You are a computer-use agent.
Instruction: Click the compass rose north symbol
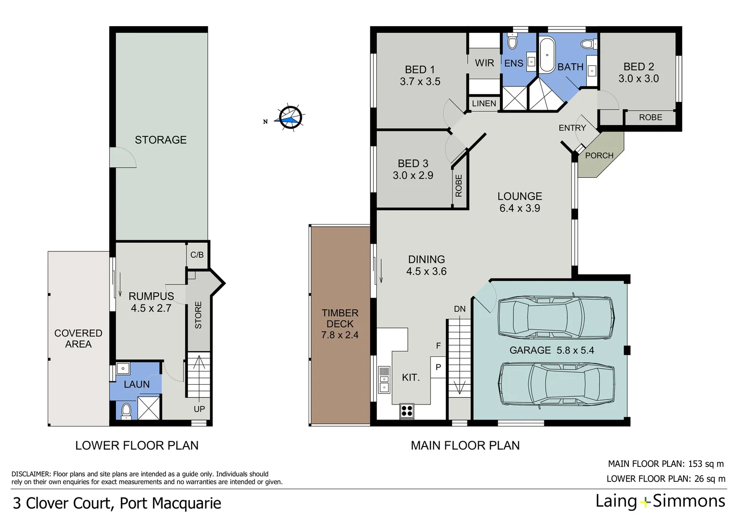[x=290, y=117]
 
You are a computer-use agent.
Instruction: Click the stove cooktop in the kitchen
[x=407, y=411]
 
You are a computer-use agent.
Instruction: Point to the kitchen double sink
[x=384, y=379]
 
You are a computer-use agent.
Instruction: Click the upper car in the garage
[x=556, y=317]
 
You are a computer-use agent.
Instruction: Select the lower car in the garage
[x=556, y=384]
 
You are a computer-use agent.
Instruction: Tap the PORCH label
[x=599, y=156]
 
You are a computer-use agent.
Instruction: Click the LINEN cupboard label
[x=484, y=103]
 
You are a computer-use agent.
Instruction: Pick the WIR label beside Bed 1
[x=484, y=63]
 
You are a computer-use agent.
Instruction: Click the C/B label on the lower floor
[x=197, y=255]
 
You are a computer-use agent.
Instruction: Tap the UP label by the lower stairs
[x=199, y=409]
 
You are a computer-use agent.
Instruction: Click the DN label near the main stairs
[x=460, y=309]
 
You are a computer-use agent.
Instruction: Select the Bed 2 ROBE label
[x=650, y=117]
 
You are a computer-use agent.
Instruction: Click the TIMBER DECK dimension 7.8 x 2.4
[x=340, y=335]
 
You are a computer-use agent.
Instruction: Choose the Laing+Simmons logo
[x=660, y=501]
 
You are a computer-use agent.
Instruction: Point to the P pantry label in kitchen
[x=438, y=367]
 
